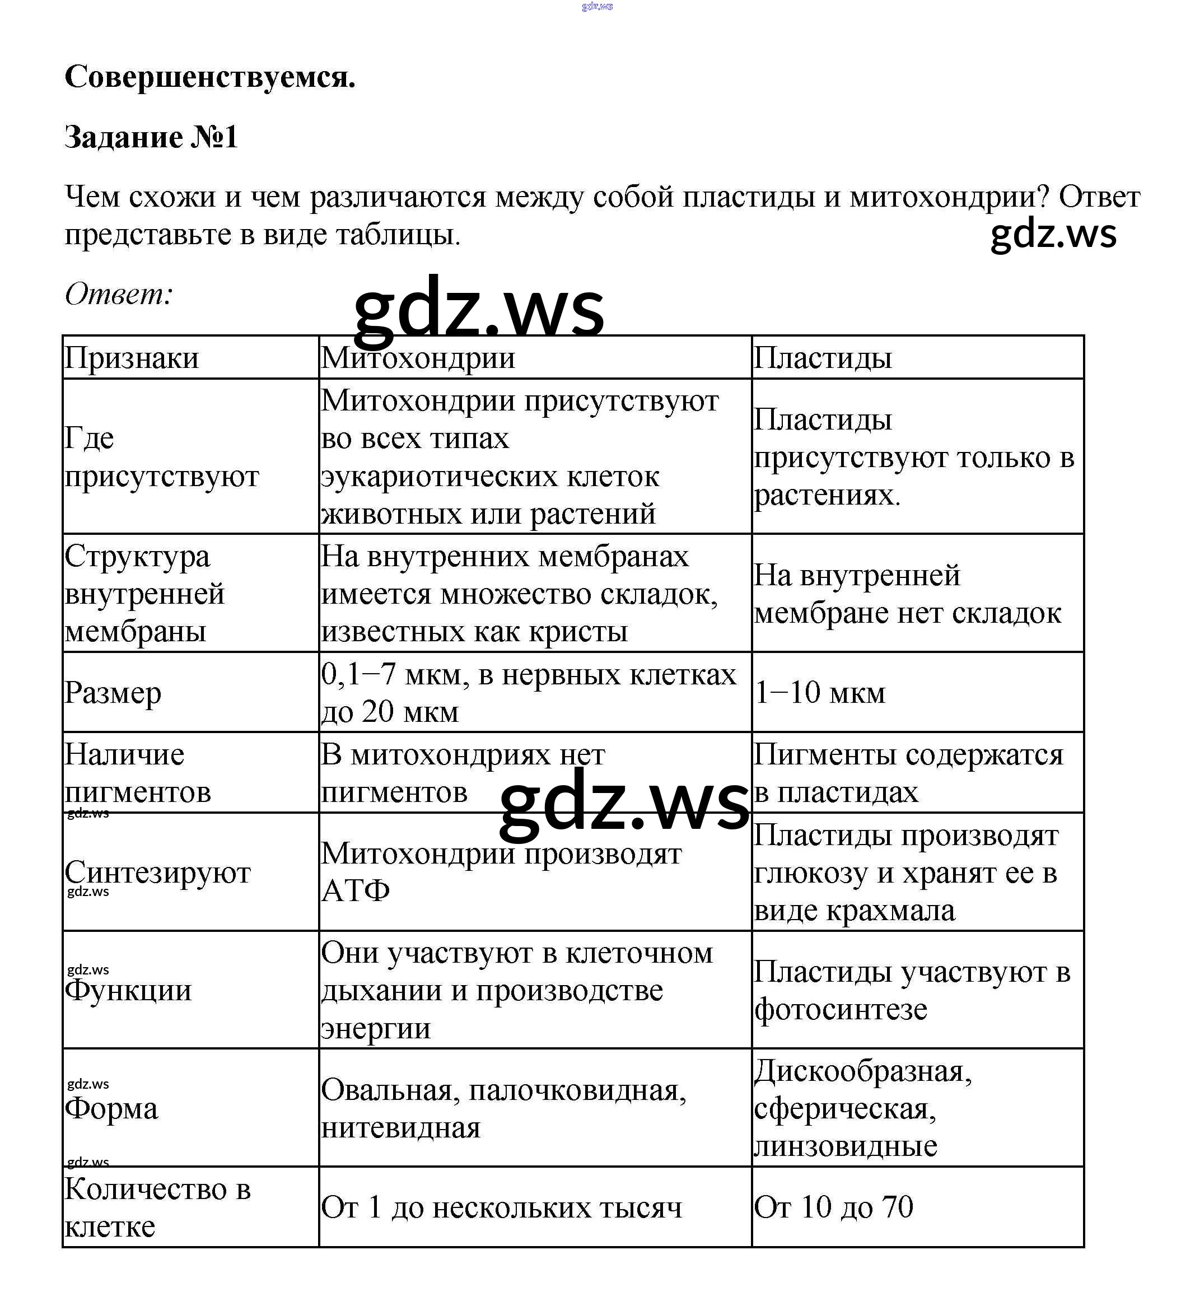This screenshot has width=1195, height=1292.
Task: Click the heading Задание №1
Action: click(151, 137)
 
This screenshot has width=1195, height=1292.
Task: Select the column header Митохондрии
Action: click(418, 358)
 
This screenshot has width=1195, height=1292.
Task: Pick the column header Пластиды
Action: click(823, 358)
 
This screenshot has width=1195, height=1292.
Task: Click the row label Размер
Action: click(113, 693)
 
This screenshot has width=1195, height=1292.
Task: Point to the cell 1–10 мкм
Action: click(820, 693)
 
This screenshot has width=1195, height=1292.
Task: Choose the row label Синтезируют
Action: click(157, 873)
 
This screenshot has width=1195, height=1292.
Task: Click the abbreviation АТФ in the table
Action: click(356, 891)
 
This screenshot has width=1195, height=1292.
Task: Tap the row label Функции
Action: click(128, 990)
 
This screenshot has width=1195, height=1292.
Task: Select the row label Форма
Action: click(111, 1108)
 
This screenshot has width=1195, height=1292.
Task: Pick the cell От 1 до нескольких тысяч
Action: click(501, 1207)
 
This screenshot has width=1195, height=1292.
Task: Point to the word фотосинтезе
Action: click(841, 1009)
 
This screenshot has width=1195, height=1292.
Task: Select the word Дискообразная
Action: click(862, 1071)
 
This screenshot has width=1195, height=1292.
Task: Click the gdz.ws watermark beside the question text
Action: click(1053, 234)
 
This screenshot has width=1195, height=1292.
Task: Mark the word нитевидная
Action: click(401, 1128)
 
